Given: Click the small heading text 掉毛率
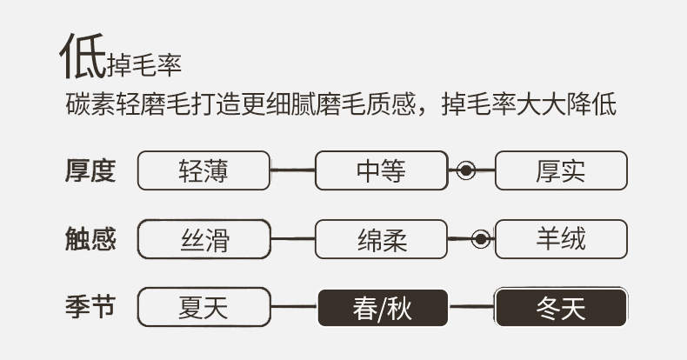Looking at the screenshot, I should (144, 65).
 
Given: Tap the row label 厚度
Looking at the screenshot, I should (90, 170).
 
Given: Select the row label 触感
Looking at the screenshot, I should (90, 238).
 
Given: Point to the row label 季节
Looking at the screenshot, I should (90, 306).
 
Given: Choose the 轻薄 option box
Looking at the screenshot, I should (204, 170).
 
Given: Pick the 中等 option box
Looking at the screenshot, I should (381, 170).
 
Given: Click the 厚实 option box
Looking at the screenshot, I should (560, 170).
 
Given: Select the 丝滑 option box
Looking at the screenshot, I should (204, 239).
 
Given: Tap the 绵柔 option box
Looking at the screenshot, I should (381, 239).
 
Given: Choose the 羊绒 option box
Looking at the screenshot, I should (560, 239).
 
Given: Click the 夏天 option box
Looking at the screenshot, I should (204, 307).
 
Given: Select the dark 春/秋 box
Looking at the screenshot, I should (381, 307).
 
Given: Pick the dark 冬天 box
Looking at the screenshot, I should (560, 307).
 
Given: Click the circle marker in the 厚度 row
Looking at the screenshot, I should (466, 170).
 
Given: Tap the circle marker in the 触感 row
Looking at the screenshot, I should (478, 239).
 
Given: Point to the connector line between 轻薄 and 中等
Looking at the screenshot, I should (293, 170).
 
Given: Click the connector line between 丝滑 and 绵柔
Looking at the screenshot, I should (293, 238).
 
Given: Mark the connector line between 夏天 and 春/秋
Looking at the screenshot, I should (293, 307).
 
